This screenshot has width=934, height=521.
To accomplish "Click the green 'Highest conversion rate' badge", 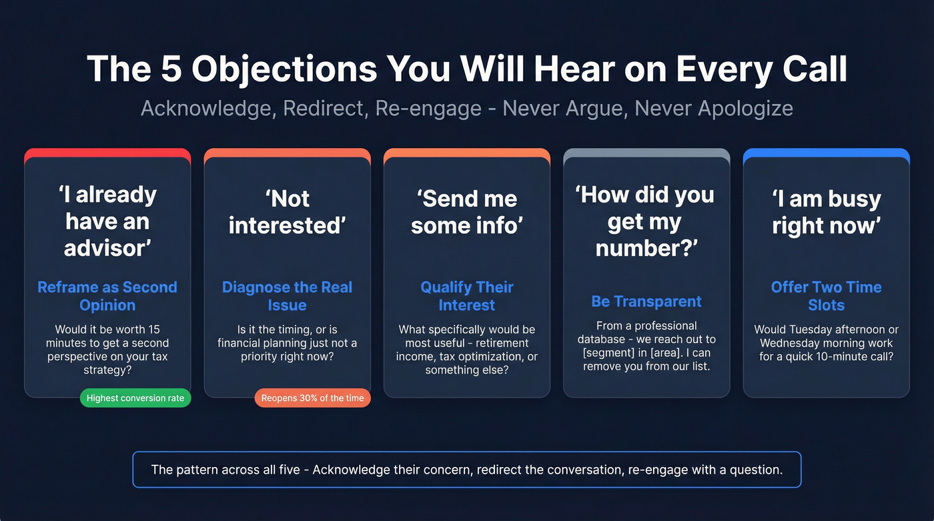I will point(135,398).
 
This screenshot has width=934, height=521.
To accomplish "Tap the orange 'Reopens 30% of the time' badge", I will point(312,398).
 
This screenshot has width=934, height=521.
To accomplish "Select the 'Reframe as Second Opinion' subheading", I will point(107,296).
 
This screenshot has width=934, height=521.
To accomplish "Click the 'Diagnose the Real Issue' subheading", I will point(287,296).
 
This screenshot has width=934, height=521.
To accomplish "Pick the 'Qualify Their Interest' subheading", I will point(467,296).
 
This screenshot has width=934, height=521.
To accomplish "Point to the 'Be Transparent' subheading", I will point(646,302).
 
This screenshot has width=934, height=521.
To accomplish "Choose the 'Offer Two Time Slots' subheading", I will point(826,296).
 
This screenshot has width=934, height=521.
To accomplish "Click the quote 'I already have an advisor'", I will point(107,221).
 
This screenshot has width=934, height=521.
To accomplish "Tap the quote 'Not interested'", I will point(287,211).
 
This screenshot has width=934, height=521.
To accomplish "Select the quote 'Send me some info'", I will point(467,211).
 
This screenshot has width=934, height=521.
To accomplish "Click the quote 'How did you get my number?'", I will point(646,221).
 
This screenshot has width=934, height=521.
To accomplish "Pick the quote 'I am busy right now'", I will point(826,211).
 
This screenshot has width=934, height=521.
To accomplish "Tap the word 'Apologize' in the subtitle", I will point(745,108).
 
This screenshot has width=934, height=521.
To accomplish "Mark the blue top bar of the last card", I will point(826,153).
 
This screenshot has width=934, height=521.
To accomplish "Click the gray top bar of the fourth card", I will point(646,153).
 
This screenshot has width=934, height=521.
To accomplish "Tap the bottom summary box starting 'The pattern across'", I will point(467,470).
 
